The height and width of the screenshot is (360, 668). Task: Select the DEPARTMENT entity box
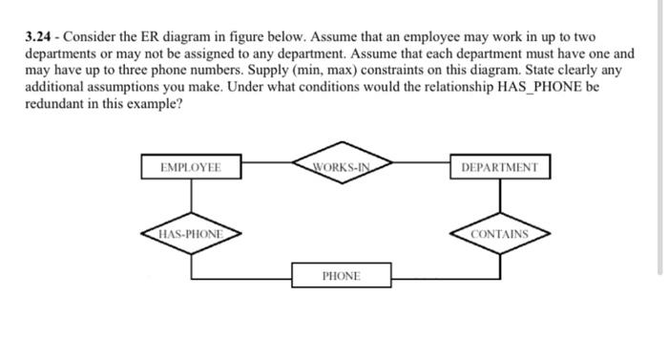point(499,168)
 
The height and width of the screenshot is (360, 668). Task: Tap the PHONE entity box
point(341,276)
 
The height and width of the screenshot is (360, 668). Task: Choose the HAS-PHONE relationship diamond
point(191,233)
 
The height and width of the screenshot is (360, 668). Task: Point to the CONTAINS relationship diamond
point(499,233)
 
